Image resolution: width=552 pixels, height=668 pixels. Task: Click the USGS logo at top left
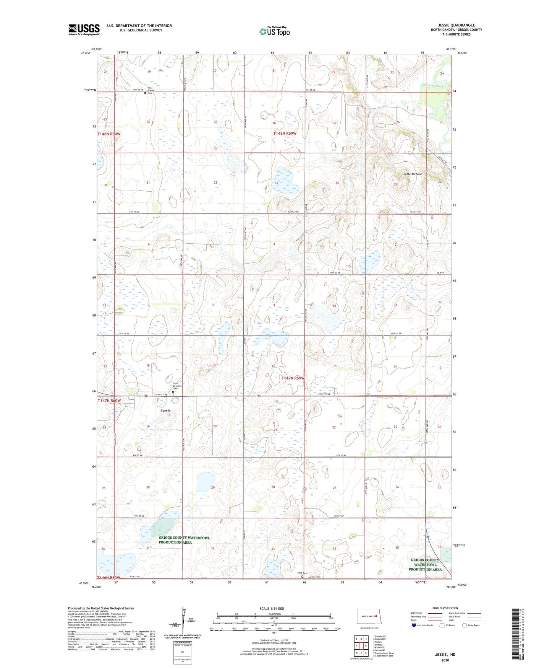point(84,29)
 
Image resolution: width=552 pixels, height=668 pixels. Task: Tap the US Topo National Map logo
point(274,31)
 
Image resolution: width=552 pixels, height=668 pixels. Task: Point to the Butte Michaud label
point(413,174)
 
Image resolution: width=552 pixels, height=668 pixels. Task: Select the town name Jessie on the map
point(165,410)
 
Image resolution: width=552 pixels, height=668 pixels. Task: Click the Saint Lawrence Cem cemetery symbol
point(173,392)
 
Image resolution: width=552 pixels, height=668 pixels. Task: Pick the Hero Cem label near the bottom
point(302,573)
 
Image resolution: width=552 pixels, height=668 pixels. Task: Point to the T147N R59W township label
point(293,378)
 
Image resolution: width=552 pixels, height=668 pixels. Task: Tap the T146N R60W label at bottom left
point(108,577)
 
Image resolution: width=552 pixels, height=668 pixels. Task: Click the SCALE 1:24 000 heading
point(272,608)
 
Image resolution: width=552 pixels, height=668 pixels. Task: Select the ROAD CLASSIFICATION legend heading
point(445,608)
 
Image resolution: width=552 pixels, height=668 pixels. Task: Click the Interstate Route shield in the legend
point(414,625)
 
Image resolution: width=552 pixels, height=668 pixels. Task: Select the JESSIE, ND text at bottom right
point(445,655)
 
